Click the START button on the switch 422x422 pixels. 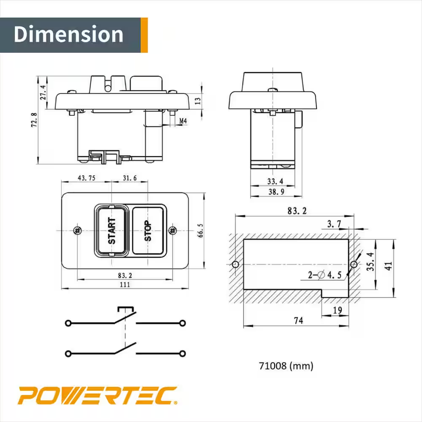click(x=111, y=230)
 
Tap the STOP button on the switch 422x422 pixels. click(x=148, y=230)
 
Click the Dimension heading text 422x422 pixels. click(x=69, y=35)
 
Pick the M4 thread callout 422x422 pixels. click(x=183, y=120)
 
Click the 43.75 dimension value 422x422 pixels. click(x=87, y=178)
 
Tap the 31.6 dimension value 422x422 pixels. click(x=129, y=178)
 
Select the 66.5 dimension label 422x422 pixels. click(x=200, y=230)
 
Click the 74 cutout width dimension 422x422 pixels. click(x=298, y=321)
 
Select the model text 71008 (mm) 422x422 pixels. click(x=286, y=365)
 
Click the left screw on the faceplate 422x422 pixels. click(x=77, y=230)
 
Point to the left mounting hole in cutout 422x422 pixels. click(x=235, y=265)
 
